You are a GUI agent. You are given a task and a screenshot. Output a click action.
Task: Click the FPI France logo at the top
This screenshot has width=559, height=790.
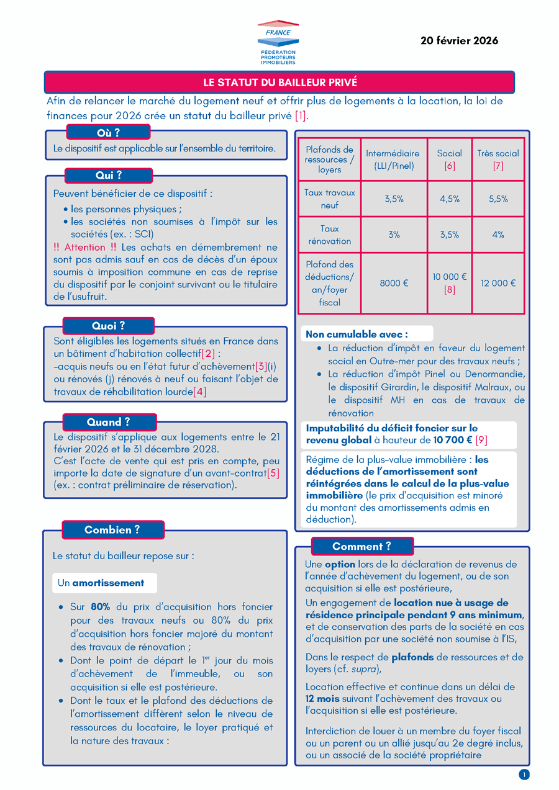278,42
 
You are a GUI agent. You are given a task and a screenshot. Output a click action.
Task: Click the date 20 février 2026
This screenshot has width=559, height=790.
459,41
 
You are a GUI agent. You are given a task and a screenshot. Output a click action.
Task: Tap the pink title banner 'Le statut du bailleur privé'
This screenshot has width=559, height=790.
279,82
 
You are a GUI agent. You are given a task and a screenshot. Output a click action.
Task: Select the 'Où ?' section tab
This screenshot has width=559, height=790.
108,132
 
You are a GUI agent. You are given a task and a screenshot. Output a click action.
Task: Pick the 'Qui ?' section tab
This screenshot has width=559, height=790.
108,176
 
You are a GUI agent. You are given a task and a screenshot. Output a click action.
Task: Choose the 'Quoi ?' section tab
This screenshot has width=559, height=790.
108,326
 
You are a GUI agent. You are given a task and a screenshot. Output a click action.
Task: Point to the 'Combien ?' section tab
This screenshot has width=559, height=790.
112,530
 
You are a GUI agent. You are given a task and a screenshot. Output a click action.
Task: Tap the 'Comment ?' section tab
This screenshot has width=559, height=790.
361,546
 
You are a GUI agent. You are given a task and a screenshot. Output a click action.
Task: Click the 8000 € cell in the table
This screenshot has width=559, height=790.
394,283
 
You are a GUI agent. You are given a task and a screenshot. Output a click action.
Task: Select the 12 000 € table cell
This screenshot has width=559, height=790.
498,283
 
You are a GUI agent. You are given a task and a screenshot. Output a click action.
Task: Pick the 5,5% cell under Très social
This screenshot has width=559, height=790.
498,199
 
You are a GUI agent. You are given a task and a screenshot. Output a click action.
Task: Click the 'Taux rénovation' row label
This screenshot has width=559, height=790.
330,235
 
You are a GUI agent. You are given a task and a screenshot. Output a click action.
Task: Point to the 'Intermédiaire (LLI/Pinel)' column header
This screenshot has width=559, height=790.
393,159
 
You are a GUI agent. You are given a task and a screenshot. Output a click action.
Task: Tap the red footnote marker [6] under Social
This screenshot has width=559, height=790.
450,166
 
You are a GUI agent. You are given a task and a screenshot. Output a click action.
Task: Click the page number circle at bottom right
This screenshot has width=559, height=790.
524,774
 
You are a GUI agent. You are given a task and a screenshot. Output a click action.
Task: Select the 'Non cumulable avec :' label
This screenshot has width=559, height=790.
357,334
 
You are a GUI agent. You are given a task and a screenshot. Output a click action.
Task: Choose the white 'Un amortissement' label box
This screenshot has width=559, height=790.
104,583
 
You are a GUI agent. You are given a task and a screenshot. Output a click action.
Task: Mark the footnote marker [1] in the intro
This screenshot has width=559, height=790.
301,115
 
